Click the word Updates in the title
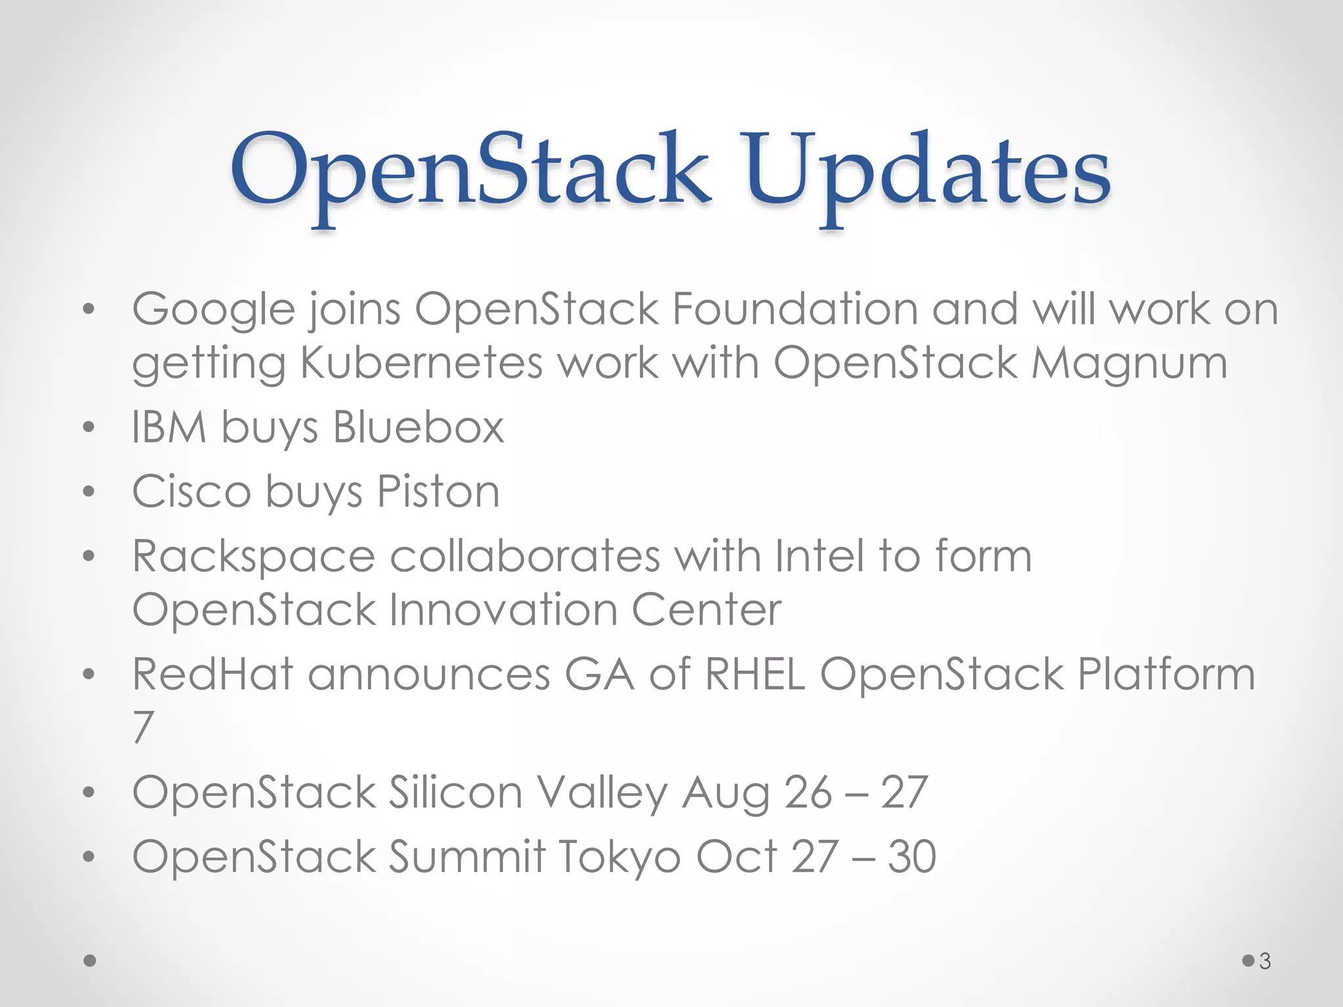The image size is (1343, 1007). (x=927, y=176)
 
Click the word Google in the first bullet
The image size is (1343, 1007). (x=213, y=309)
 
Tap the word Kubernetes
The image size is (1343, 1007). (x=421, y=363)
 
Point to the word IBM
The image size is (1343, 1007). (x=169, y=427)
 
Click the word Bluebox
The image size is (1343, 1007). (x=418, y=427)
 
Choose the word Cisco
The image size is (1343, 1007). (x=191, y=492)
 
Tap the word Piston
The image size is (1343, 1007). (x=438, y=492)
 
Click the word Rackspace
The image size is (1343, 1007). (x=254, y=557)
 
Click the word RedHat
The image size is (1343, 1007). (x=212, y=674)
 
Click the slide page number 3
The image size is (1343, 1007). (x=1265, y=962)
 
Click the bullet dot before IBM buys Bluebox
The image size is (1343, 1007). (x=89, y=429)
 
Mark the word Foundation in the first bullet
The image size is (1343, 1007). (x=795, y=309)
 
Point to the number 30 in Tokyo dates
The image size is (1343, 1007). (x=912, y=857)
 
